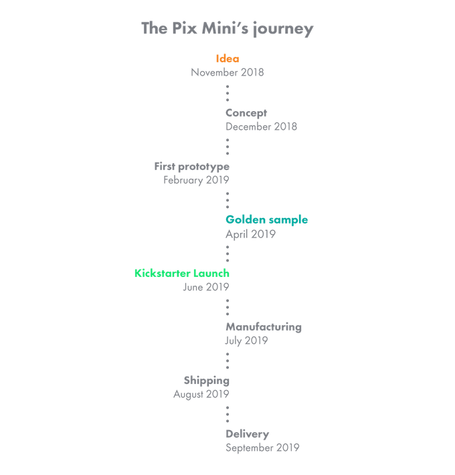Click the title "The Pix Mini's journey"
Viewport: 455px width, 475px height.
click(227, 29)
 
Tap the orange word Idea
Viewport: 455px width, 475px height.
click(227, 59)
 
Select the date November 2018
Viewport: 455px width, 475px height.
click(227, 72)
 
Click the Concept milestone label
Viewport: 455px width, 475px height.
click(246, 112)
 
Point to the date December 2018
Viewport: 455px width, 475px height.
click(261, 126)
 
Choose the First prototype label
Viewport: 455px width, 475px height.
click(192, 166)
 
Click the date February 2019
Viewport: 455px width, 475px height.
click(196, 179)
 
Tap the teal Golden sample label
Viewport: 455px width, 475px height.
click(266, 219)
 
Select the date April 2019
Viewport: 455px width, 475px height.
click(250, 233)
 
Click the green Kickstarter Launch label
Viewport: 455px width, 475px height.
click(182, 273)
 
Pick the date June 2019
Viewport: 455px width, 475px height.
click(206, 286)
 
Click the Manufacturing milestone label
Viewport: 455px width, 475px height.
click(263, 327)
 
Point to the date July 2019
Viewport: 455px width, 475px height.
click(246, 341)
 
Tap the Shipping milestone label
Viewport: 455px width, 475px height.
click(207, 380)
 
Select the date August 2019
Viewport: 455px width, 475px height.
click(201, 394)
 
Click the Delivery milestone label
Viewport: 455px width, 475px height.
click(247, 434)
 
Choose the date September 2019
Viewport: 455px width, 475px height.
click(262, 448)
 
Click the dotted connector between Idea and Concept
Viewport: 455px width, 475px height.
click(227, 92)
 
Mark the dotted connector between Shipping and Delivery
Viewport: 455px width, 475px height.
click(227, 414)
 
